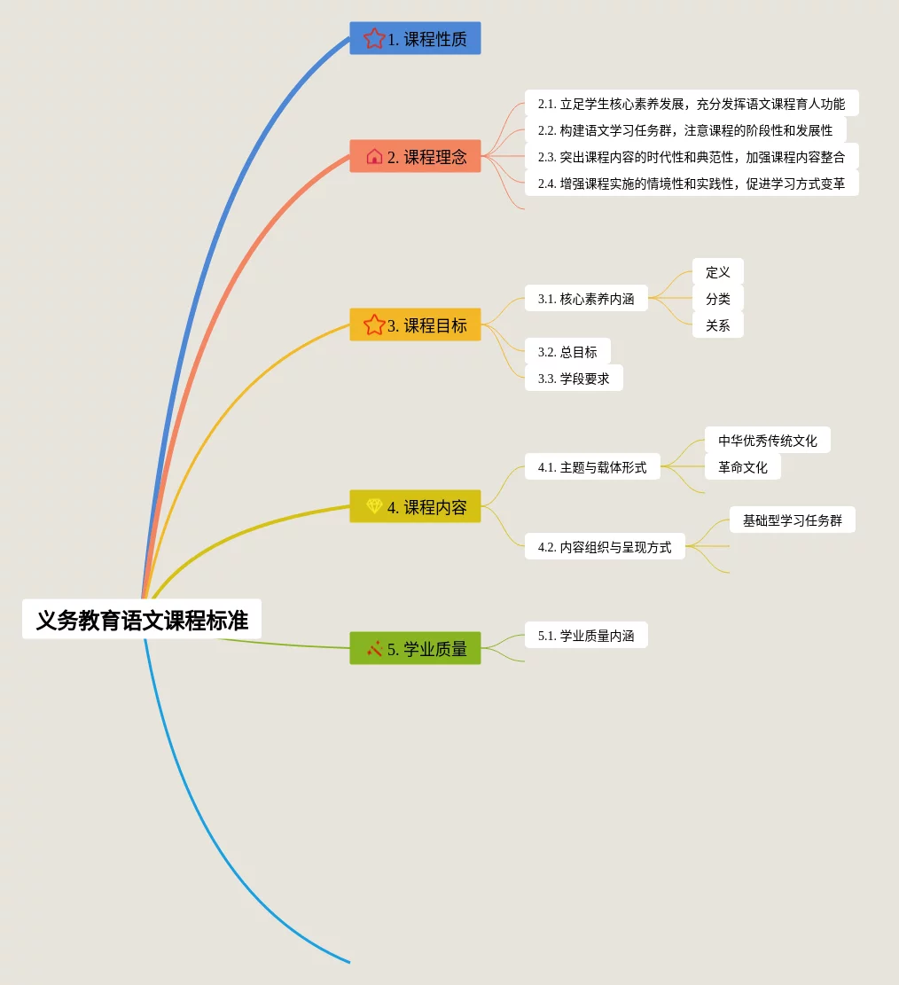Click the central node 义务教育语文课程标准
[x=142, y=620]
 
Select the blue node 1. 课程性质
[x=415, y=39]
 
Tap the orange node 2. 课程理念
[x=415, y=157]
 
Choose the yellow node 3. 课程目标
[x=415, y=325]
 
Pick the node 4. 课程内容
[x=415, y=507]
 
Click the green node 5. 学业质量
[x=415, y=649]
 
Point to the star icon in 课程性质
[x=374, y=39]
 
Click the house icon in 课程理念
[x=374, y=157]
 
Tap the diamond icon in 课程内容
[x=374, y=507]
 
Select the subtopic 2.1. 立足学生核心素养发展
[x=692, y=104]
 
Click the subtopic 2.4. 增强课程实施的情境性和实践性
[x=692, y=184]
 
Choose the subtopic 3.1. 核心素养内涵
[x=586, y=299]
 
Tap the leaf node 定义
[x=717, y=272]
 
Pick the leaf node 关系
[x=717, y=325]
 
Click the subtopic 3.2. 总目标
[x=567, y=352]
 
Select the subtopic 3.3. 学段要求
[x=574, y=379]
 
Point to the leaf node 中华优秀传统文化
[x=768, y=441]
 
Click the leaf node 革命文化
[x=743, y=467]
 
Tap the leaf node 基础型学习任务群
[x=793, y=520]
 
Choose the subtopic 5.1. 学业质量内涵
[x=586, y=636]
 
